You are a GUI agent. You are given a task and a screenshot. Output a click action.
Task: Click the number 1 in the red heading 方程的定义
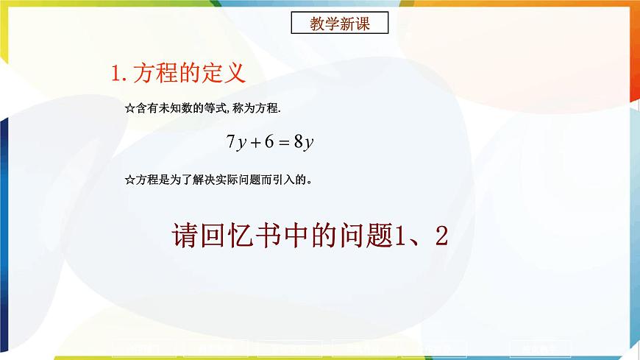click(115, 74)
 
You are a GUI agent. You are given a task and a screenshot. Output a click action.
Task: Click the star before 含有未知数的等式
click(129, 108)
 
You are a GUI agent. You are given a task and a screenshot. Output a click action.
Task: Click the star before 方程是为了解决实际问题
click(129, 179)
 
